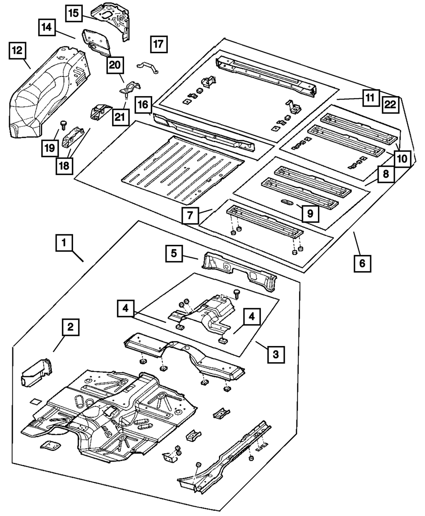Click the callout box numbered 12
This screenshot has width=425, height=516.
coord(17,51)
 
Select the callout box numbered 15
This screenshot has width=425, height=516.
coord(74,13)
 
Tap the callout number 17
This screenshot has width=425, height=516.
coord(158,44)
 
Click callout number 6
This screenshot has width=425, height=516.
coord(362,263)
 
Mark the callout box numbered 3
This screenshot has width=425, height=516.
coord(276,353)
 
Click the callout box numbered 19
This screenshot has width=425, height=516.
coord(50,147)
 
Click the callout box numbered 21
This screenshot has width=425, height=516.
coord(121,116)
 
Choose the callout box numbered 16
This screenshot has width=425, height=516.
coord(143,104)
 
